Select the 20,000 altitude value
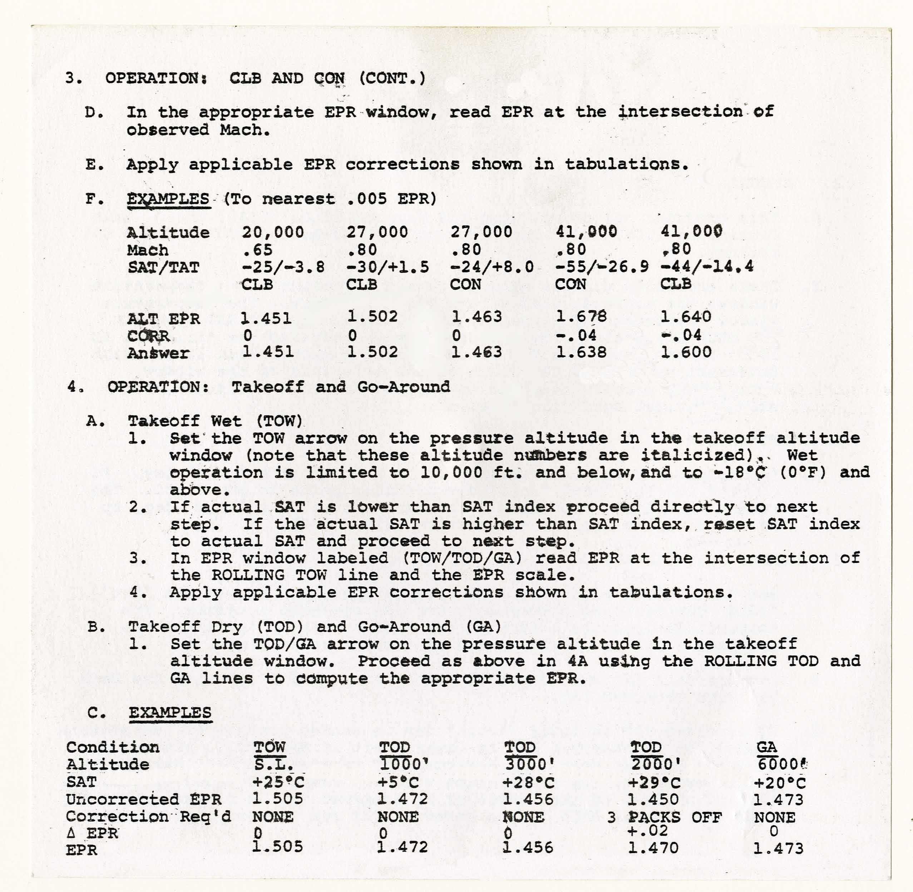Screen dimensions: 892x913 point(273,232)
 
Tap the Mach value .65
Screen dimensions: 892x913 point(257,250)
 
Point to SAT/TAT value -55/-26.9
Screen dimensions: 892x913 point(602,266)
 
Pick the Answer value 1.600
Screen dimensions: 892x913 point(686,352)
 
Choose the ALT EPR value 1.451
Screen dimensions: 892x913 point(266,319)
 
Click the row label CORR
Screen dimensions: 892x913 point(148,336)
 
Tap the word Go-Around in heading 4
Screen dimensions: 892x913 point(404,387)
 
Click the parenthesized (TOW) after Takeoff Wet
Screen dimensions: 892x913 point(280,421)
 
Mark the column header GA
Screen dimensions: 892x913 point(766,747)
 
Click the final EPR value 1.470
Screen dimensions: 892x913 point(653,848)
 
